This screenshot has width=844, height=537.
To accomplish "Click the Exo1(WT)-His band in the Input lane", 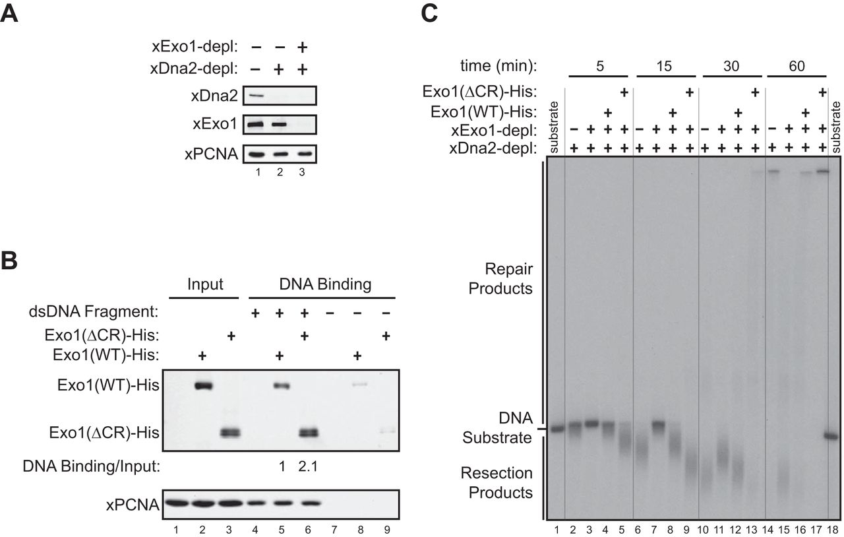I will click(202, 387).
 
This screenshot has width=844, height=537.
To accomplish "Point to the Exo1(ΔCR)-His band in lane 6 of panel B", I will click(305, 433).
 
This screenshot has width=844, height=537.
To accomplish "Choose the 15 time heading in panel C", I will click(664, 65).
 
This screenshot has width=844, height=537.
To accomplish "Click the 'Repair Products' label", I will click(505, 279).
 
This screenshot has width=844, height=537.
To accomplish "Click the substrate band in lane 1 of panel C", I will click(555, 429).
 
